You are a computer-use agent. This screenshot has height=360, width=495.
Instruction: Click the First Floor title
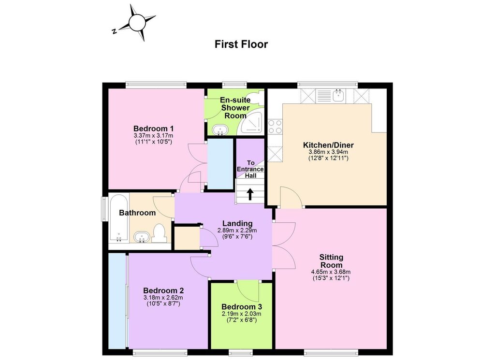(x=241, y=44)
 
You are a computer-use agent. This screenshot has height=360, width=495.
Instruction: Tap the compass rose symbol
(x=136, y=23)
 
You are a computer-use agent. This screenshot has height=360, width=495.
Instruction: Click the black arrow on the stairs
(x=250, y=194)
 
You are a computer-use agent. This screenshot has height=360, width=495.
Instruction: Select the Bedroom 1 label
(x=153, y=129)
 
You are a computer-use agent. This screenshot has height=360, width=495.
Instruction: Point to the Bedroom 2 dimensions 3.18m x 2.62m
(x=163, y=298)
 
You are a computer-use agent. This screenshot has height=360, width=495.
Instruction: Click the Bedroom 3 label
(x=242, y=307)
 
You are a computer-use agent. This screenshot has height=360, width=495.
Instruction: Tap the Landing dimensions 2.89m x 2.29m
(x=237, y=230)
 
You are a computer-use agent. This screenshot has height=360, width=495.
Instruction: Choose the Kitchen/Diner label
(x=328, y=145)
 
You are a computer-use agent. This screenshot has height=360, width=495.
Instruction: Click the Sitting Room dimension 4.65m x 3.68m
(x=331, y=272)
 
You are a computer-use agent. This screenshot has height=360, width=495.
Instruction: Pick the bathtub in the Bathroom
(x=118, y=218)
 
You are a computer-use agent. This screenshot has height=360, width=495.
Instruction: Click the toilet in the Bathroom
(x=159, y=233)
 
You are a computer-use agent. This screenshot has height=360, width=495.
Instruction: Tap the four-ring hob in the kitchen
(x=275, y=127)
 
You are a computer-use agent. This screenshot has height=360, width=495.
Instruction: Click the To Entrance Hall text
(x=250, y=169)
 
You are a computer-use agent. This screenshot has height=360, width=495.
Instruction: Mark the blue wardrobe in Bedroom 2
(x=117, y=301)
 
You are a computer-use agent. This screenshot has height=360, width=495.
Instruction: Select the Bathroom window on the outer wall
(x=104, y=209)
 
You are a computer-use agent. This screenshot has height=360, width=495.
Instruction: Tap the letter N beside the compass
(x=114, y=31)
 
